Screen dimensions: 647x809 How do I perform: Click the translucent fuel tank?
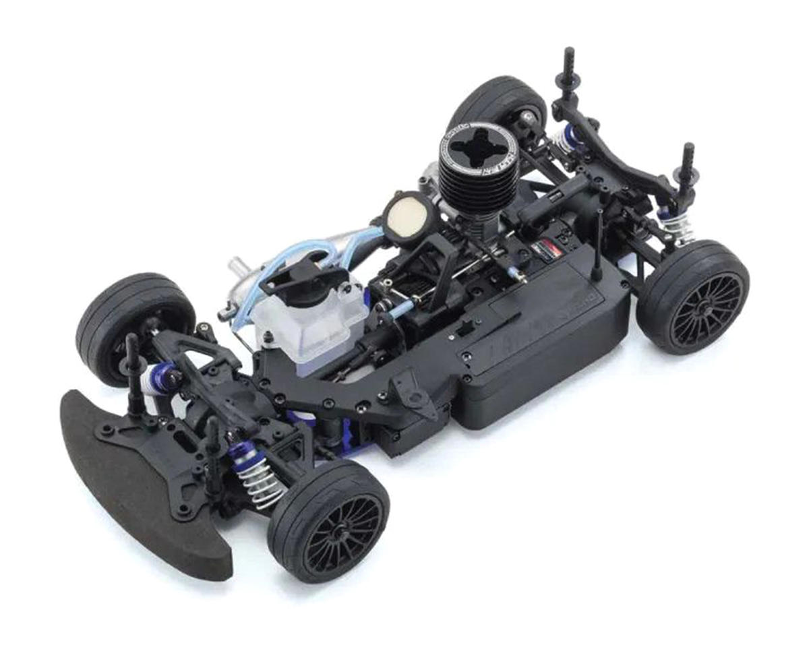[x=317, y=323]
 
